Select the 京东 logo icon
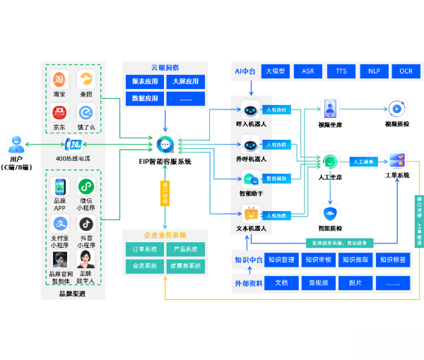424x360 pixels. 59,113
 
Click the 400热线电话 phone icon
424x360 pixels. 73,145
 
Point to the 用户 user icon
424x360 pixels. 16,145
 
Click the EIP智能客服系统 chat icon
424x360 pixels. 165,145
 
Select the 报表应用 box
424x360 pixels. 145,81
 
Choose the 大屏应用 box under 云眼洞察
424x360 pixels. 186,81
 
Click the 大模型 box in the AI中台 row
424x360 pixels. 275,71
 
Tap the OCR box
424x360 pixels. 406,71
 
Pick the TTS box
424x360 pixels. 341,71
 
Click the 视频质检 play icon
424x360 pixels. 396,109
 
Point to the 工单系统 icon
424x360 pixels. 396,160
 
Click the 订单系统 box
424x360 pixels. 144,249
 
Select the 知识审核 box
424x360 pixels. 317,260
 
